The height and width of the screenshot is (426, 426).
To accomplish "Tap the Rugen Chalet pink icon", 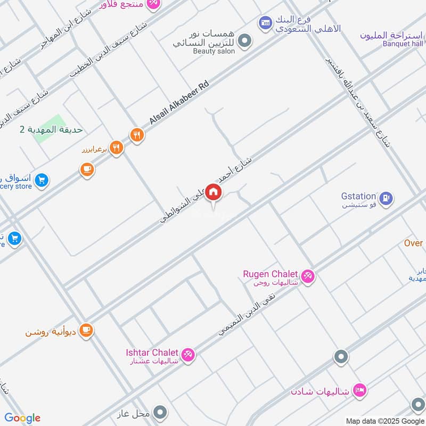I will pyautogui.click(x=307, y=276).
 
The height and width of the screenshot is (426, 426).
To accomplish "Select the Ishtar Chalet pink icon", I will pyautogui.click(x=187, y=354).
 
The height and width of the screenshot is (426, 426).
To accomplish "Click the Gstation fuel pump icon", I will pyautogui.click(x=387, y=198).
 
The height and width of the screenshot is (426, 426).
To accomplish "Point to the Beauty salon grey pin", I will pyautogui.click(x=244, y=40).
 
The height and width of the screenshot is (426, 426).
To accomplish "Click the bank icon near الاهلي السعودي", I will pyautogui.click(x=265, y=22).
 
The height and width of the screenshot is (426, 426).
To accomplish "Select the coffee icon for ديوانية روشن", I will pyautogui.click(x=86, y=331).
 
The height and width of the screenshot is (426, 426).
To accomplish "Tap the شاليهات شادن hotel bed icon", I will pyautogui.click(x=359, y=390).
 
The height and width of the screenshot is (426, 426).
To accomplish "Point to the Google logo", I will pyautogui.click(x=22, y=418).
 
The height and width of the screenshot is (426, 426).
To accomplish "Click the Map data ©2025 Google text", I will pyautogui.click(x=384, y=421).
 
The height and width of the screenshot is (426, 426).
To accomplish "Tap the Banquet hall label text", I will pyautogui.click(x=403, y=44).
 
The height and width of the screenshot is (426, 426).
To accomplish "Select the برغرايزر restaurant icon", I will pyautogui.click(x=116, y=148).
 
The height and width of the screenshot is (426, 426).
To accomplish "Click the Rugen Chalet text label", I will pyautogui.click(x=270, y=274).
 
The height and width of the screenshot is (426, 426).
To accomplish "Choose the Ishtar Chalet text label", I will pyautogui.click(x=152, y=353).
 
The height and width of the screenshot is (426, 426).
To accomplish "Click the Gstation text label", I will pyautogui.click(x=358, y=196).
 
